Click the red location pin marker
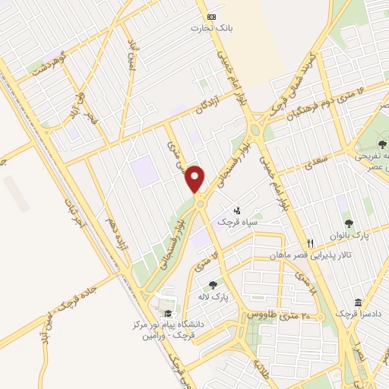195,179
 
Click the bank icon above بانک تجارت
211,16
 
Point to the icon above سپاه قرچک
237,210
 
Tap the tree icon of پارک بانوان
349,223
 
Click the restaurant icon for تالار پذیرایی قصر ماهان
310,244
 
